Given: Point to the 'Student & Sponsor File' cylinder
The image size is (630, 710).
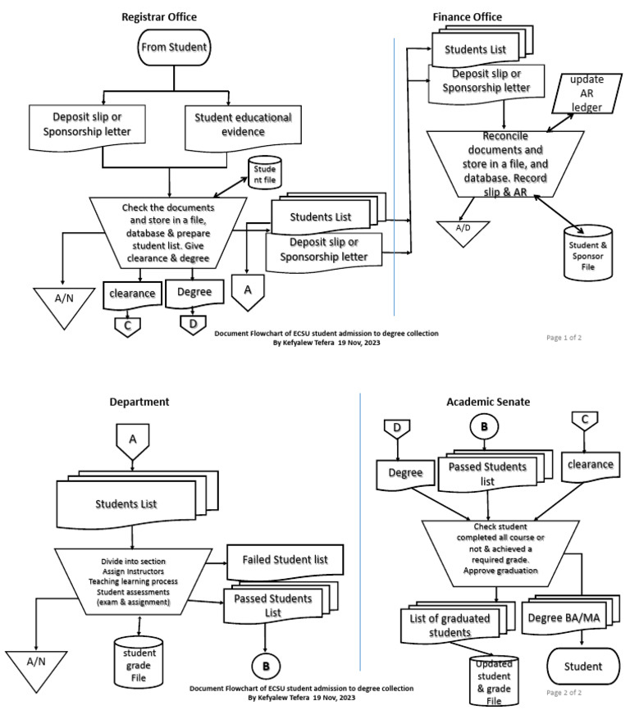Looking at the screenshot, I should click(x=589, y=250).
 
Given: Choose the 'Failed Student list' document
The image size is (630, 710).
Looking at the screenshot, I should click(x=284, y=559).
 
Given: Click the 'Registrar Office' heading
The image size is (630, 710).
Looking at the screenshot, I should click(x=159, y=17).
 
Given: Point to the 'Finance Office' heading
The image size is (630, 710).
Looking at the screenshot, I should click(x=467, y=16).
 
